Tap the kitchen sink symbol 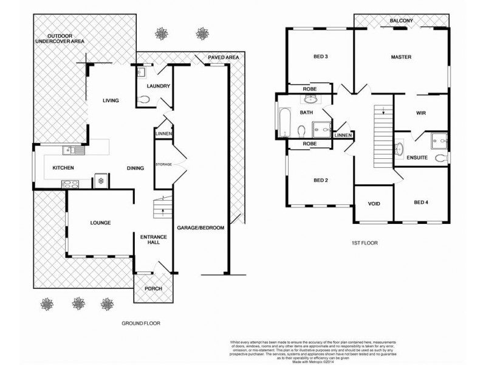tap(71, 150)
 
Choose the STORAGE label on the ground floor tap(163, 164)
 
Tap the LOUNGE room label tap(100, 223)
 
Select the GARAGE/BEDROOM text tap(200, 228)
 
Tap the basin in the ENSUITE tap(399, 148)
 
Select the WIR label tap(420, 113)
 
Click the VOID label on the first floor tap(374, 204)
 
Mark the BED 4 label tap(421, 203)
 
